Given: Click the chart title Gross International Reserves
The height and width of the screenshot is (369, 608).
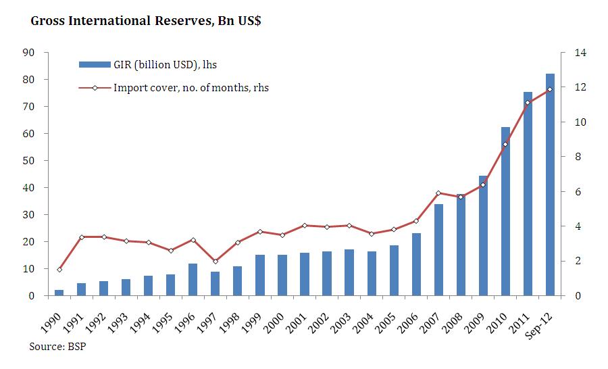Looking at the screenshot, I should click(x=146, y=21).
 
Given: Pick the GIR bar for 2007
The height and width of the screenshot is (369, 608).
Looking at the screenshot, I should click(x=438, y=250).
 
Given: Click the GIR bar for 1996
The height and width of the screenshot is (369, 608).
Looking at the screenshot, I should click(x=193, y=280).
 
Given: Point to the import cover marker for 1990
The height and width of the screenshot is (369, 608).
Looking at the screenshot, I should click(x=59, y=270).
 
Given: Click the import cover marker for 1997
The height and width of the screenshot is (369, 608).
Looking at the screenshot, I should click(x=216, y=262).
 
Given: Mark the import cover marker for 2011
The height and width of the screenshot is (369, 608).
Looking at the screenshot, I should click(x=528, y=103).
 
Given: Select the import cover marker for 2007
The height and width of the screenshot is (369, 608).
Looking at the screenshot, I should click(x=438, y=193).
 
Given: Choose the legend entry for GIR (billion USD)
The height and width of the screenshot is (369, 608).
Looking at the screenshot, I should click(x=148, y=65).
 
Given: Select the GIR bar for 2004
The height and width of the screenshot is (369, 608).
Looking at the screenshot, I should click(x=372, y=274).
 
